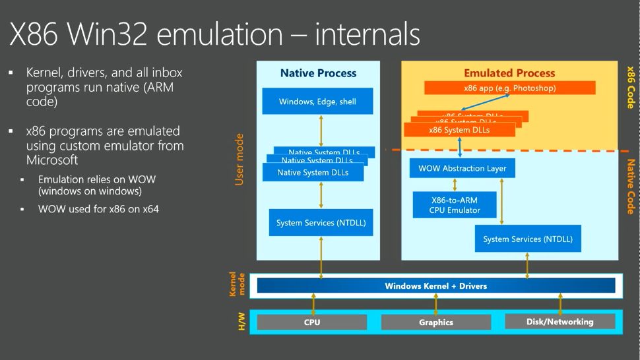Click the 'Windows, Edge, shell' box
[317, 102]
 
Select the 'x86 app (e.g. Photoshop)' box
[509, 88]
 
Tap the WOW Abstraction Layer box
[462, 169]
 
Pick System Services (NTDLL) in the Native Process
[321, 223]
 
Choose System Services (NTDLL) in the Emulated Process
[527, 239]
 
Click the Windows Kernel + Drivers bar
[435, 285]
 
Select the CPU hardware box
[311, 322]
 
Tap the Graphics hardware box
[435, 322]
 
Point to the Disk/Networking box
[560, 322]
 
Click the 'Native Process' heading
[318, 73]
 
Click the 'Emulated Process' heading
[509, 73]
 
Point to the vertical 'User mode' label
[240, 159]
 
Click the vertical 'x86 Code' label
[630, 87]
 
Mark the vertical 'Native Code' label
[630, 187]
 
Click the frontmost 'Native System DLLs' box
[311, 173]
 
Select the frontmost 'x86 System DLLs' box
[459, 130]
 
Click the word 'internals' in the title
[367, 34]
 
